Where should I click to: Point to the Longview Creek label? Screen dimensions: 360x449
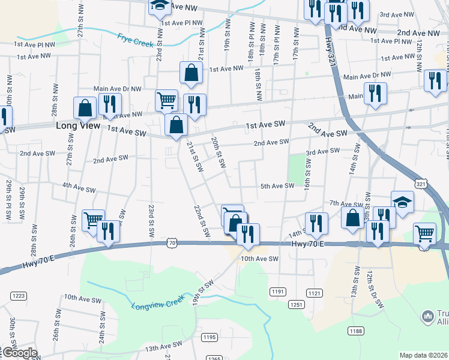(158, 304)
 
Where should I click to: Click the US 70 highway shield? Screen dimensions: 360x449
(172, 243)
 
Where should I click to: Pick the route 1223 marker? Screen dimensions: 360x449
(19, 296)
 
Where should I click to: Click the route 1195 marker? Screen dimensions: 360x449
(209, 338)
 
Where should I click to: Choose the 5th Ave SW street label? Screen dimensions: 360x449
(277, 186)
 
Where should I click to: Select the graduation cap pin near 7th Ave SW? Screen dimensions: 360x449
(402, 202)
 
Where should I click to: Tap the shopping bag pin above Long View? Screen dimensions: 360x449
(85, 108)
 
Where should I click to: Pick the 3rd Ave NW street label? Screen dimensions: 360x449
(397, 14)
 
